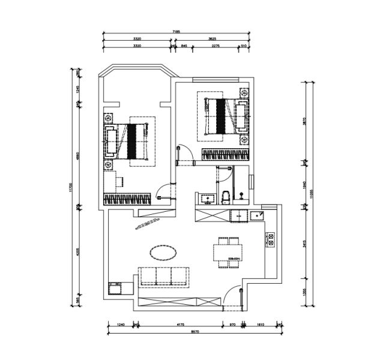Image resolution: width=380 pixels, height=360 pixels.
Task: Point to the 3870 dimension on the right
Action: coord(305,120)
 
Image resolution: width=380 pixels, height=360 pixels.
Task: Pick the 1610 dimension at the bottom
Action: coord(261,324)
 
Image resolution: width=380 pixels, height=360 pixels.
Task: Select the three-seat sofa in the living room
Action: coord(164,276)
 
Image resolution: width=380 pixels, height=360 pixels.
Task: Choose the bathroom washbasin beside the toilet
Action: coord(208,197)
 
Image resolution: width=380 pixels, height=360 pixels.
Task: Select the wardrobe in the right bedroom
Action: coord(225,155)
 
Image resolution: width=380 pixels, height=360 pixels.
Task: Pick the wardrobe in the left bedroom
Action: coord(127,199)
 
